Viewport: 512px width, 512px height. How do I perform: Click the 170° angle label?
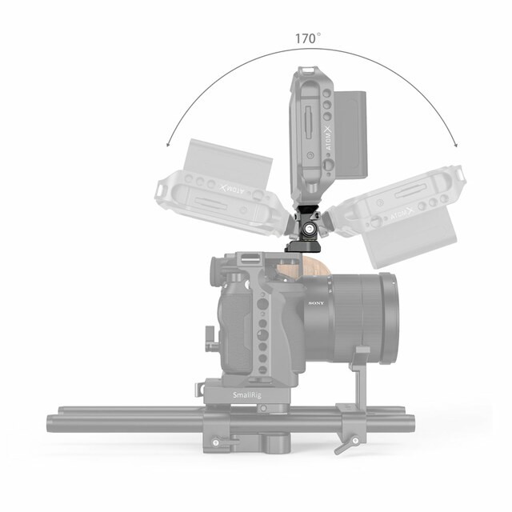(307, 38)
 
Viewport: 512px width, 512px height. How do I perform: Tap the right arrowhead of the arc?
(457, 145)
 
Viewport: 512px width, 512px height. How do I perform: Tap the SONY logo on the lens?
(315, 304)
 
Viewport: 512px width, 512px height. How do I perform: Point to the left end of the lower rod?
(53, 425)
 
